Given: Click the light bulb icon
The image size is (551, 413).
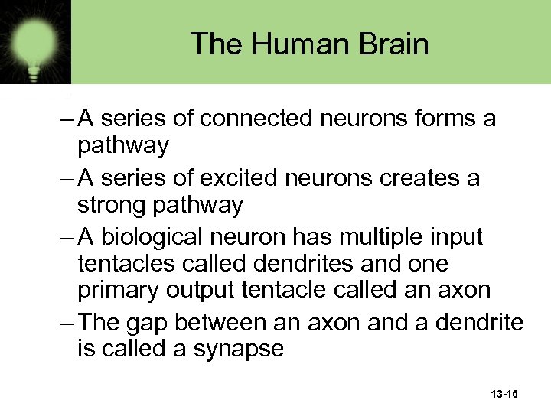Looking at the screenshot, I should click(35, 41).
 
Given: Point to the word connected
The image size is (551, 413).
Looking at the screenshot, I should click(256, 119).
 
